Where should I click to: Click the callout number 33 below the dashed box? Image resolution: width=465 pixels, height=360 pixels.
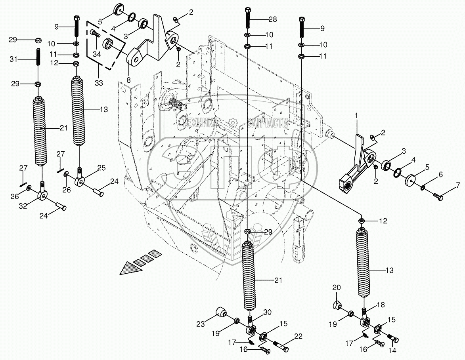point(98,83)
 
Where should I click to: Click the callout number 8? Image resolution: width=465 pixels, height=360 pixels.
point(128,80)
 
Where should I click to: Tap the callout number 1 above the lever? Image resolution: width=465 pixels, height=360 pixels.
point(356,115)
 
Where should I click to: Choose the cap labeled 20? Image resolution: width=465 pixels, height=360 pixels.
point(337,306)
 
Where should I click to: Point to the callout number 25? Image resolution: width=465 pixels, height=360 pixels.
point(101,168)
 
